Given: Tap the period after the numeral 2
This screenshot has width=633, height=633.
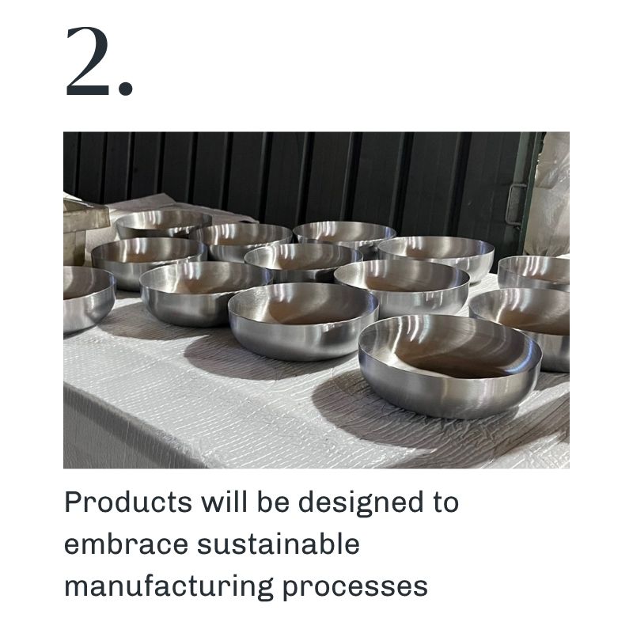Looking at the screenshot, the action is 126,89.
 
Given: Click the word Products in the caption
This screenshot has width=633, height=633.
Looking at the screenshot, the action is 128,502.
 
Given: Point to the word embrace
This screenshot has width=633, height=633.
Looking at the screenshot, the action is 126,544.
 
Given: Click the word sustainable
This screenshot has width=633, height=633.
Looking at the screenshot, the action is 279,544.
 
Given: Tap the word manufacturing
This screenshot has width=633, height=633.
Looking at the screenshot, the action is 169,587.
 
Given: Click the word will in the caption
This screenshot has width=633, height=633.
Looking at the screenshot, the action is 225,502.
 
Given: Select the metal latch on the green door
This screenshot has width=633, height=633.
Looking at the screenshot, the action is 516,204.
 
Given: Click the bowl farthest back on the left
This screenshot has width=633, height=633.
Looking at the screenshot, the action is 163,223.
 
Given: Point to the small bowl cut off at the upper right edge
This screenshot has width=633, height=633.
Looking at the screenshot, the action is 533,272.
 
